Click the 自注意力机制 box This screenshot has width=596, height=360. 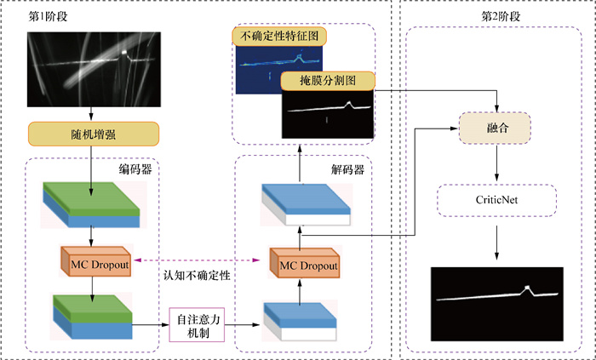point(198,324)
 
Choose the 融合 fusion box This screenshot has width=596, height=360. point(495,129)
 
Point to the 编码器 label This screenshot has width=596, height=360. point(136,169)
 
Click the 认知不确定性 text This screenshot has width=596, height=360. point(198,274)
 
